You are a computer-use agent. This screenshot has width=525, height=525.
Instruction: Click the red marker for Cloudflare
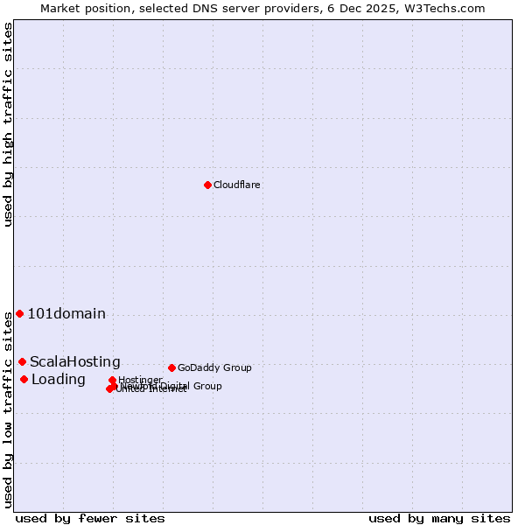207,185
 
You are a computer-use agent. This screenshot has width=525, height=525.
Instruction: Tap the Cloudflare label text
237,185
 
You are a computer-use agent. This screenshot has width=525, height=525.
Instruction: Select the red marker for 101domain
19,313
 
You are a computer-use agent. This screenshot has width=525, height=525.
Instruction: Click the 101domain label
66,314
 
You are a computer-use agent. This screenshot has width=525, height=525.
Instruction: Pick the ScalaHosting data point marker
22,361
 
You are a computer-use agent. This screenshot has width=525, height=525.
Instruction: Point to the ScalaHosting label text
75,362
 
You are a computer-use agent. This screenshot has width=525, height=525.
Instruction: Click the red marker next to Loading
24,379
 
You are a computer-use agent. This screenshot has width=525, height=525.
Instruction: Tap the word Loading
59,380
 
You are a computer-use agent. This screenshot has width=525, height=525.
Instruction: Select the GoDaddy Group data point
171,367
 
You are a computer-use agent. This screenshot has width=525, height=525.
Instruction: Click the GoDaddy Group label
214,367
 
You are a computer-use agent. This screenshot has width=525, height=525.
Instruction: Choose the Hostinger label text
140,380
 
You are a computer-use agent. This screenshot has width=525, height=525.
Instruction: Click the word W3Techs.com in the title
449,8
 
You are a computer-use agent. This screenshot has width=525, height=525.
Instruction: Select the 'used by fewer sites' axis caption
90,519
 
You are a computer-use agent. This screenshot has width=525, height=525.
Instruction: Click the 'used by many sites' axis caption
439,519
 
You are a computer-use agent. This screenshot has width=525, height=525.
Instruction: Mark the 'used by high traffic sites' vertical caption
8,125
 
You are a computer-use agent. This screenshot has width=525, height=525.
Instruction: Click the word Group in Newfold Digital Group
206,386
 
